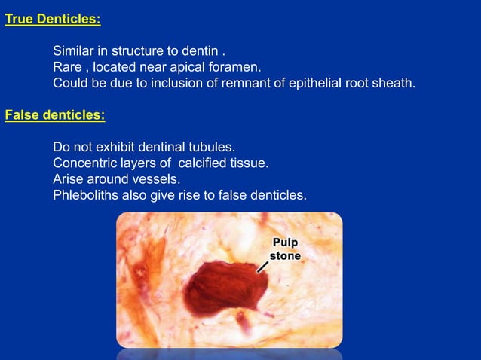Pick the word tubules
(x=213, y=146)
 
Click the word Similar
(x=75, y=51)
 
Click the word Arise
(x=69, y=179)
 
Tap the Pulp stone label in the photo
(x=286, y=249)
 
